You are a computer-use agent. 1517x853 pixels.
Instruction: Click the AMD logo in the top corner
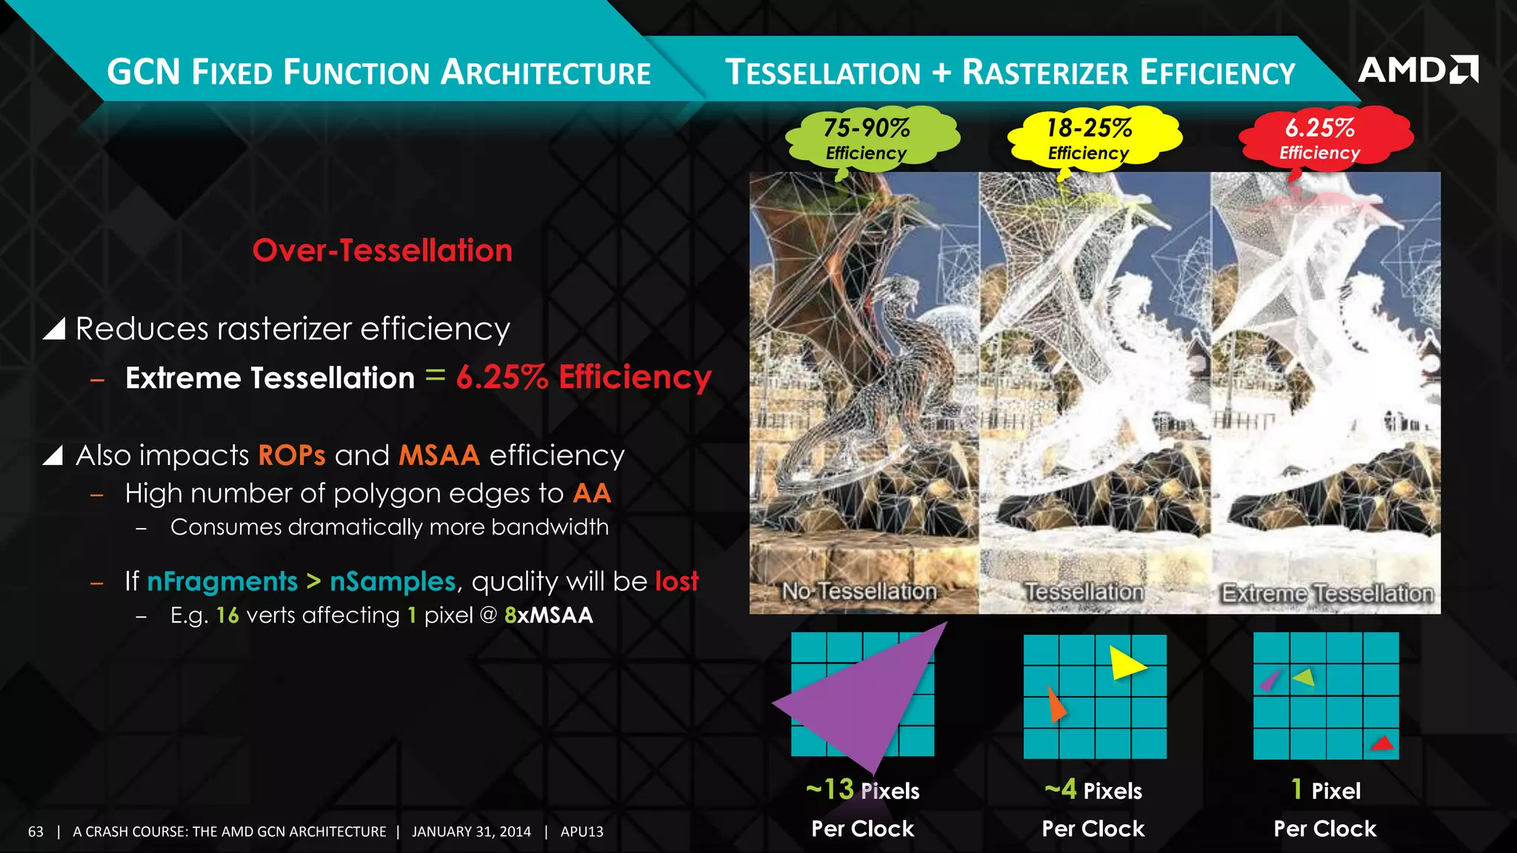point(1418,70)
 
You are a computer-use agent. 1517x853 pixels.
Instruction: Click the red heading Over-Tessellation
point(382,250)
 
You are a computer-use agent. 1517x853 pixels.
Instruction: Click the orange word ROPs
point(292,455)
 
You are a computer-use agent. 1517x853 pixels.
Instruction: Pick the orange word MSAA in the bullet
point(439,455)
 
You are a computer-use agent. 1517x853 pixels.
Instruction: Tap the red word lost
point(676,581)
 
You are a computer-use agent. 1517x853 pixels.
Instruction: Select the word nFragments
point(222,581)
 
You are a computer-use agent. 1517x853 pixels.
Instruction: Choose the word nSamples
point(393,581)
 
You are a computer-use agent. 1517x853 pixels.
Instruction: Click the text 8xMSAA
point(549,615)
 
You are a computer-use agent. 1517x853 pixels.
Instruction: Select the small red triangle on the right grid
point(1382,743)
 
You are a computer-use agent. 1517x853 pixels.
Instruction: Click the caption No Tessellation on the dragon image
point(860,591)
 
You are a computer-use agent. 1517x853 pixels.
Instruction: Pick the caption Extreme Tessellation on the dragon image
point(1327,593)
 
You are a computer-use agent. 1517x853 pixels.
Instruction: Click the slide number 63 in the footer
point(36,832)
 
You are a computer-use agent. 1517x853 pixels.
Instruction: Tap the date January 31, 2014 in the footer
point(471,832)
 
